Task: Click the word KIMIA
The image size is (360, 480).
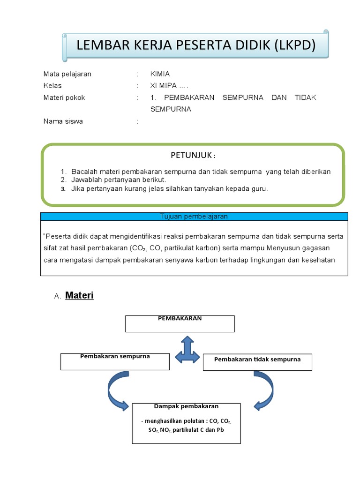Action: (x=160, y=74)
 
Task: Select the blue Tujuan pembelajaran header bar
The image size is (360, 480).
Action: (x=194, y=217)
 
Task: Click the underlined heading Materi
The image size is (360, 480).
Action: (x=79, y=296)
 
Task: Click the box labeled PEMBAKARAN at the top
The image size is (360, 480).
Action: (x=180, y=323)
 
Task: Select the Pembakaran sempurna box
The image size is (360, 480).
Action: (x=115, y=361)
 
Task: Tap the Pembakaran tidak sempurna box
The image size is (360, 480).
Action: (x=257, y=362)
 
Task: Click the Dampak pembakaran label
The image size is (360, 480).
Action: (x=186, y=406)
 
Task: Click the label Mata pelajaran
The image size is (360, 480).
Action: (x=67, y=74)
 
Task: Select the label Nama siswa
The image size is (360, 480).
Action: (x=63, y=121)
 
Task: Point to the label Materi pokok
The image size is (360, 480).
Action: (x=64, y=98)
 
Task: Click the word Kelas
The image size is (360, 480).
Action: (x=52, y=86)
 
